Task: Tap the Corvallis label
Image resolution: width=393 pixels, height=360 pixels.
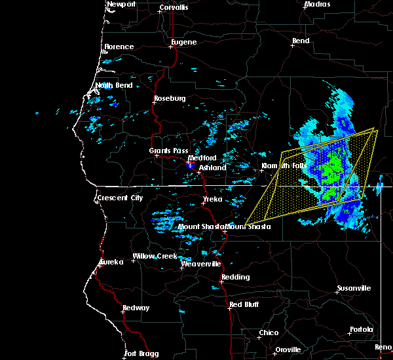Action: (x=173, y=7)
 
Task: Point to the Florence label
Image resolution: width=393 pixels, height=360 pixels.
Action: (x=119, y=46)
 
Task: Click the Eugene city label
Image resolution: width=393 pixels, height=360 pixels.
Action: (x=183, y=42)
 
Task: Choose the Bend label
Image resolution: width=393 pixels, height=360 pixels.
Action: (x=301, y=41)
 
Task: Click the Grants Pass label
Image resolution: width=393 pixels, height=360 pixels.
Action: (x=164, y=151)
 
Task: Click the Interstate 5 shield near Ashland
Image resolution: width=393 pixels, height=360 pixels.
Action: (x=190, y=166)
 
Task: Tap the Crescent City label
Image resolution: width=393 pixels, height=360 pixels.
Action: (x=119, y=198)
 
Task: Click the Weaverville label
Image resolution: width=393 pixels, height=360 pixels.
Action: (x=198, y=264)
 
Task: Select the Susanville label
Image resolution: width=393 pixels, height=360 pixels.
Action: (x=354, y=288)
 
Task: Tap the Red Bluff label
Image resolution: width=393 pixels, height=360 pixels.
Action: (x=244, y=305)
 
